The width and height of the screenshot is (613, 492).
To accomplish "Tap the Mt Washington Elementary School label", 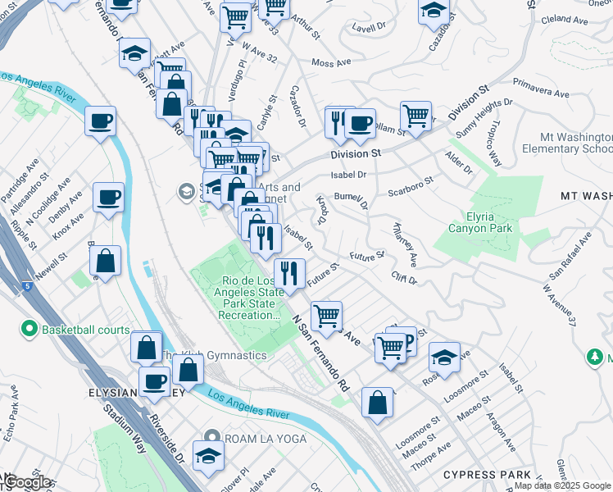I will point(575,143).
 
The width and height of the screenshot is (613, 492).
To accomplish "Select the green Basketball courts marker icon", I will point(30,330).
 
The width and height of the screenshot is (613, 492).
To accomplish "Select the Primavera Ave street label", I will point(541,88).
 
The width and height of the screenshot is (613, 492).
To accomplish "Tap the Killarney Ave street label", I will point(406,247).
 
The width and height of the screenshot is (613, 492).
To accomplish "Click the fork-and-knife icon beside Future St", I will point(289,272).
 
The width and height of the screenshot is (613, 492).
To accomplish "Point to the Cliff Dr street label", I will point(404,279).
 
